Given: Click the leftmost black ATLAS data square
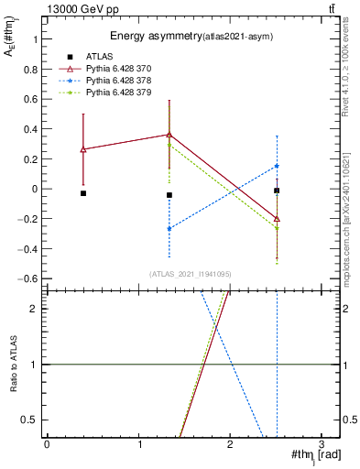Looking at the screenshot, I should tap(83, 193).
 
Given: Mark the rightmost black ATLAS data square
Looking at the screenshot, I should tap(277, 191).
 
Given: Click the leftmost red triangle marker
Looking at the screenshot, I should tap(83, 149).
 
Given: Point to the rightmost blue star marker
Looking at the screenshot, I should tap(277, 166).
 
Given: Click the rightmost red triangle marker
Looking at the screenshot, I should tap(277, 219).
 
